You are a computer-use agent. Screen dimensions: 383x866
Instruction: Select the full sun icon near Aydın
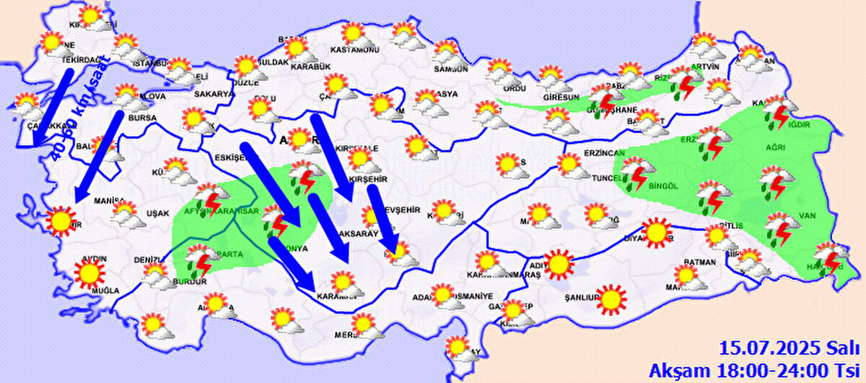pos(89,272)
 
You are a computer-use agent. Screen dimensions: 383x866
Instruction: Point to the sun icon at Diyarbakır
pos(655,232)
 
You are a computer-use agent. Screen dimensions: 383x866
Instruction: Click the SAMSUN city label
pos(452,69)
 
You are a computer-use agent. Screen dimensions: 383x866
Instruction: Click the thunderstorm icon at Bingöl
pos(637,174)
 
